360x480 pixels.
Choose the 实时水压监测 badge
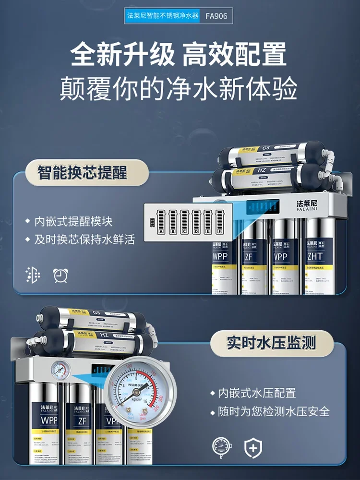pyautogui.click(x=273, y=343)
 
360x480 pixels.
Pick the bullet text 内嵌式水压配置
pyautogui.click(x=257, y=393)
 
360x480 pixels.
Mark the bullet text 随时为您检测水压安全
pyautogui.click(x=274, y=412)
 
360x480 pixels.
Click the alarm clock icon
pyautogui.click(x=60, y=275)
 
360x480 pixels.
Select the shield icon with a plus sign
pyautogui.click(x=253, y=448)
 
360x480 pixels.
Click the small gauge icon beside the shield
pyautogui.click(x=221, y=448)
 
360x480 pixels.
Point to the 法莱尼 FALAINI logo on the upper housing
pyautogui.click(x=312, y=205)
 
